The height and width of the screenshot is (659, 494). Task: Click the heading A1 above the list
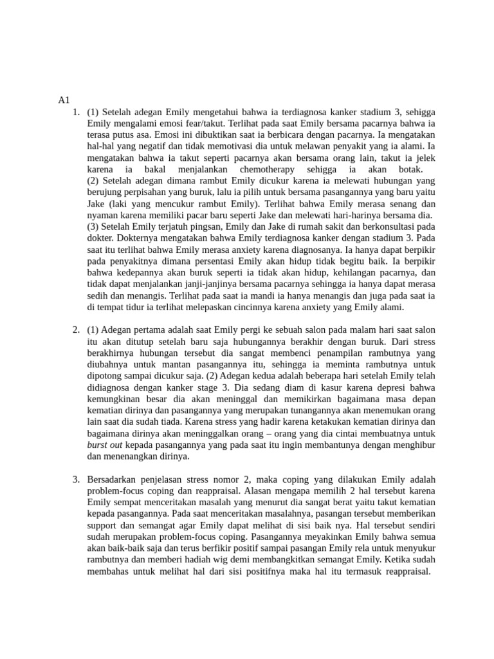click(63, 100)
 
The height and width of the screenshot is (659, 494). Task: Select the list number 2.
click(75, 330)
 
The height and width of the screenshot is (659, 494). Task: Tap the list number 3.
click(75, 479)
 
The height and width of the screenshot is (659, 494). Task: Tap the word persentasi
click(214, 262)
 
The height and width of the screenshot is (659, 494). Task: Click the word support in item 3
click(104, 526)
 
